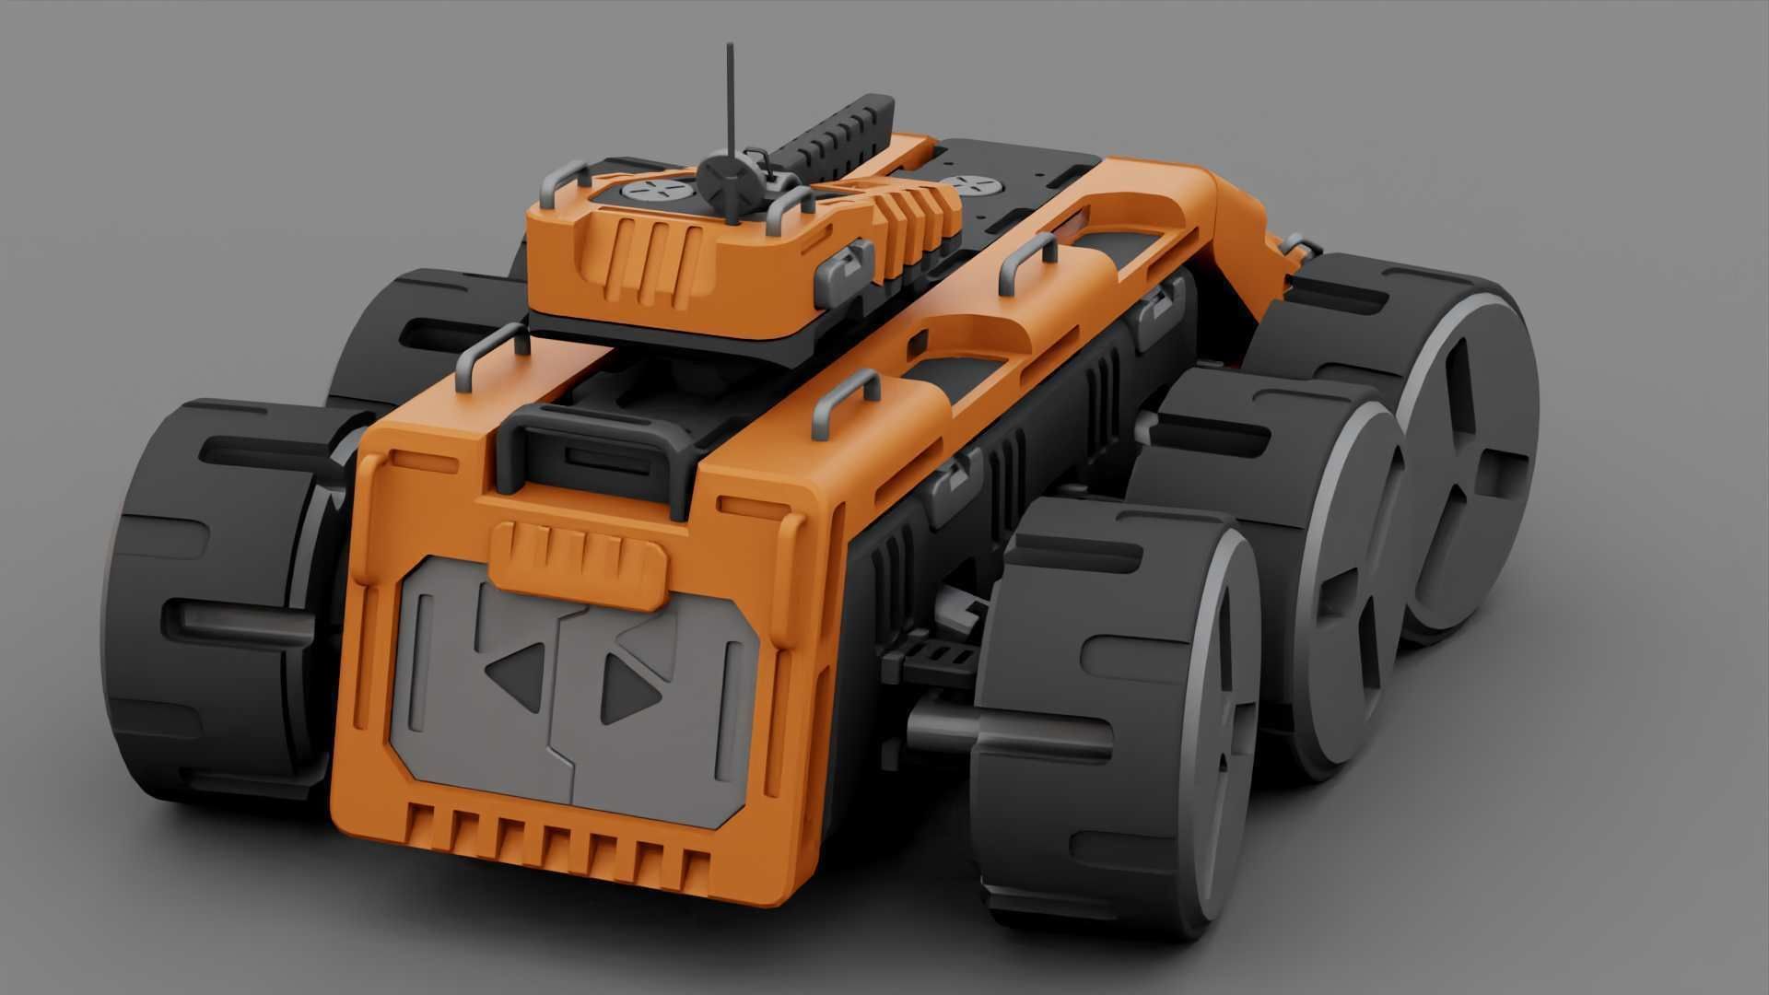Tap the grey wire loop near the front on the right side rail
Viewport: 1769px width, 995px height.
(x=844, y=405)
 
